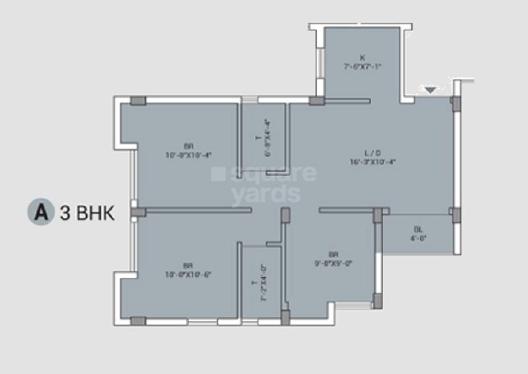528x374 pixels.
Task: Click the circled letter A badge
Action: click(x=39, y=213)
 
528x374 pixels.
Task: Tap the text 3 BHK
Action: click(x=88, y=213)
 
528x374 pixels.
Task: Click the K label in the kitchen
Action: click(x=362, y=57)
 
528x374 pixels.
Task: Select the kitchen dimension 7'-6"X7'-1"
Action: click(x=362, y=67)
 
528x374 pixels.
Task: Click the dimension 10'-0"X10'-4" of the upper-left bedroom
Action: click(x=189, y=155)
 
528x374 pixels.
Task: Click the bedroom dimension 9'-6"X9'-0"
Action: click(x=334, y=262)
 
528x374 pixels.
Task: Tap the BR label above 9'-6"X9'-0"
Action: click(x=334, y=254)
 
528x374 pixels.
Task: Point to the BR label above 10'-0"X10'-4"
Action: click(x=189, y=146)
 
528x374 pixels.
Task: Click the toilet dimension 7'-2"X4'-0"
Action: click(x=263, y=283)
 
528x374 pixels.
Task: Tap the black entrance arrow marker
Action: click(x=430, y=90)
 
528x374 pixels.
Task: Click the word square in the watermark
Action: click(x=263, y=174)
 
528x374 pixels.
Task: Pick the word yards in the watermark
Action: click(x=266, y=194)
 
